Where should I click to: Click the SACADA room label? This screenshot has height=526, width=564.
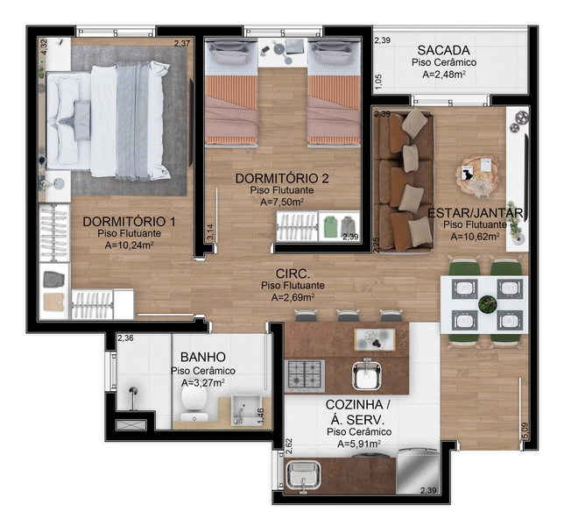coord(443,49)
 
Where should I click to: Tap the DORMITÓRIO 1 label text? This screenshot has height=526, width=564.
coord(129,221)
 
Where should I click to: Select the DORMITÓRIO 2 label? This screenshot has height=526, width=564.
coord(282,178)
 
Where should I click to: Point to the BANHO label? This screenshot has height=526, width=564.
coord(202,357)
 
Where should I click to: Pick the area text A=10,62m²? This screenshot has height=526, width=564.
coord(471,236)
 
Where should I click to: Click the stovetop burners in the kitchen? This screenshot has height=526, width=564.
coord(305,374)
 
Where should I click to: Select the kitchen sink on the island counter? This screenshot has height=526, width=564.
coord(369,374)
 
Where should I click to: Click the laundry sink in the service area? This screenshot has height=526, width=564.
coord(303,476)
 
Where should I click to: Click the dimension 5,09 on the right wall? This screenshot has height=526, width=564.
coord(524,430)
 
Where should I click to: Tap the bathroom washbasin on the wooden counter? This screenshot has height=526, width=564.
coord(238,408)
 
